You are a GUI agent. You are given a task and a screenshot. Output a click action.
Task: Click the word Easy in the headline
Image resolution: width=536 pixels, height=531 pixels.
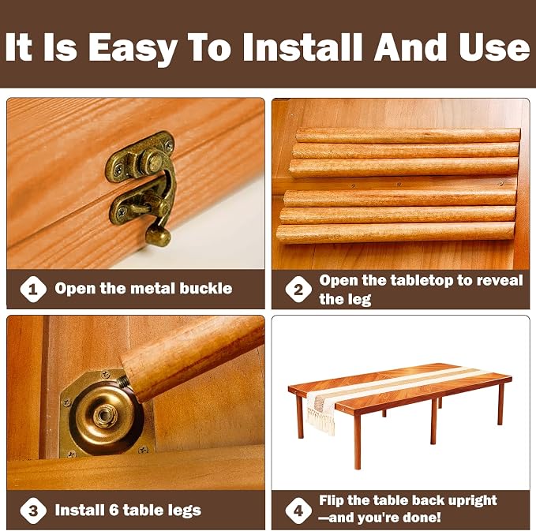click(x=133, y=48)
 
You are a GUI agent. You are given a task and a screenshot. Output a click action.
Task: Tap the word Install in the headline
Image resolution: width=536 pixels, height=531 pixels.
click(x=302, y=47)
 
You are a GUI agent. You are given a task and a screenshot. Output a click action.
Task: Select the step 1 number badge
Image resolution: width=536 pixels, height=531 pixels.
click(x=33, y=290)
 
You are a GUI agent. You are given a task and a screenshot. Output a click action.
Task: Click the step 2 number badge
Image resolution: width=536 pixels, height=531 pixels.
click(x=298, y=290)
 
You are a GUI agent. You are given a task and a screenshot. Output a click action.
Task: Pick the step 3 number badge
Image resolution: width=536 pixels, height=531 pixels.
click(x=33, y=510)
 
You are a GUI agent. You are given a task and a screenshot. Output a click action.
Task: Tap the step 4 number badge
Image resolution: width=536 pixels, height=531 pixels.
click(x=298, y=510)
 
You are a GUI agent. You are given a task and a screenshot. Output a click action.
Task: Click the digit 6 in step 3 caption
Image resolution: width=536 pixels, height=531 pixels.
click(x=114, y=510)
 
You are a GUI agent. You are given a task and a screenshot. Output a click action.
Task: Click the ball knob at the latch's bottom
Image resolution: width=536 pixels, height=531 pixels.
click(x=158, y=236)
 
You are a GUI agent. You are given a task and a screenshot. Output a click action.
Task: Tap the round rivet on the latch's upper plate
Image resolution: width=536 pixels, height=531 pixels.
click(x=152, y=161)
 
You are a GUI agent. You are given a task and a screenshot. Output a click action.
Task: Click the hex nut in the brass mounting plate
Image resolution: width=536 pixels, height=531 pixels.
click(x=106, y=416)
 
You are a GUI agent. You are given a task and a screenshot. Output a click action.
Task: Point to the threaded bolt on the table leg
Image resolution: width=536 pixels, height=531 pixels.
click(x=125, y=380)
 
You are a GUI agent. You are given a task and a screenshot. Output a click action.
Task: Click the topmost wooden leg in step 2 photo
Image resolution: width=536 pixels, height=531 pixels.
click(x=408, y=135)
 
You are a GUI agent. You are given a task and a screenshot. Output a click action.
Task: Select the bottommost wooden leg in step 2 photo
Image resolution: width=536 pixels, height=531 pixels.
click(x=395, y=232)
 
